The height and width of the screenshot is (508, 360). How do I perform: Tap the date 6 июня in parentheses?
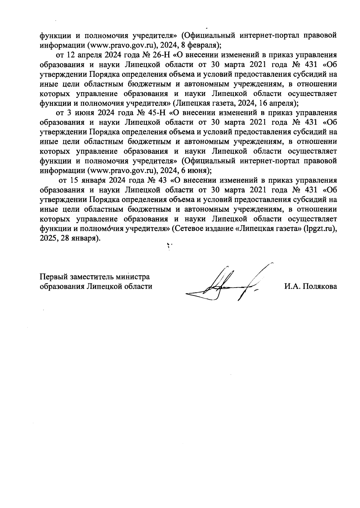click(194, 171)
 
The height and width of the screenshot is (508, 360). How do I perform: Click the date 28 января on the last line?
click(79, 238)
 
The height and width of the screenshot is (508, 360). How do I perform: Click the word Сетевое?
click(188, 229)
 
